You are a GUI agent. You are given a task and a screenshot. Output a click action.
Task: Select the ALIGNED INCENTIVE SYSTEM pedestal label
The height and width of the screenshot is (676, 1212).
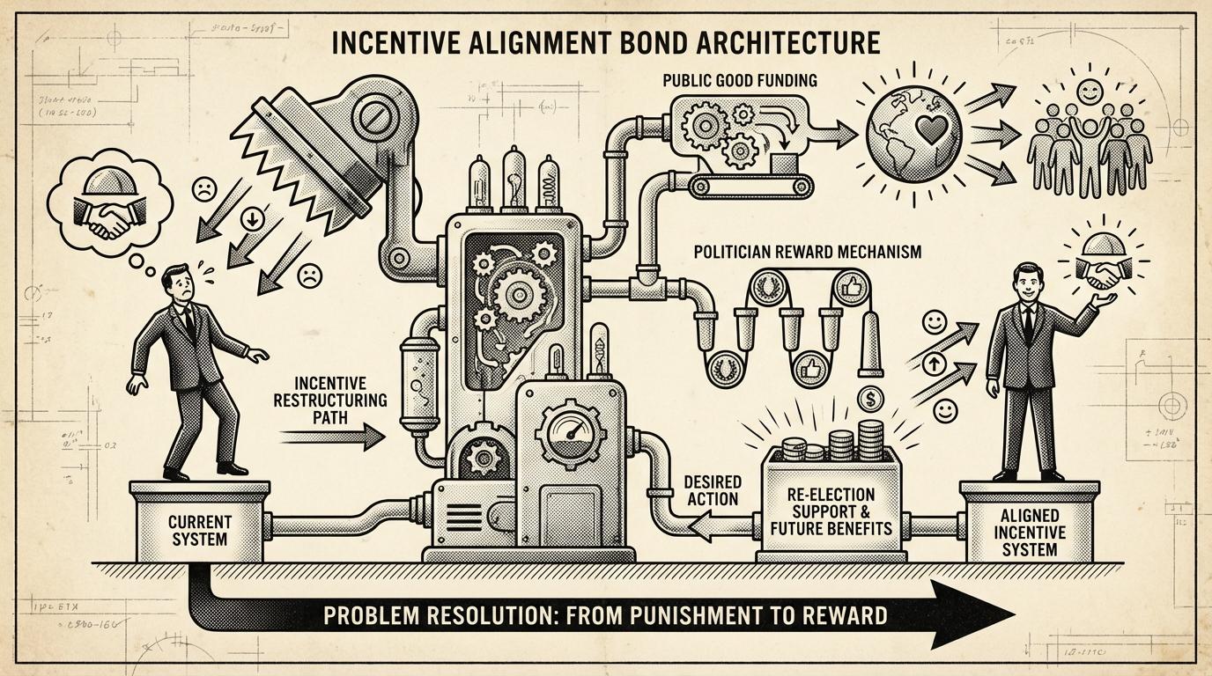pyautogui.click(x=1029, y=531)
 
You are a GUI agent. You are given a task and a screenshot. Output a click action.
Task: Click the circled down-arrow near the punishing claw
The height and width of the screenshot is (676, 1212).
pyautogui.click(x=252, y=221)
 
